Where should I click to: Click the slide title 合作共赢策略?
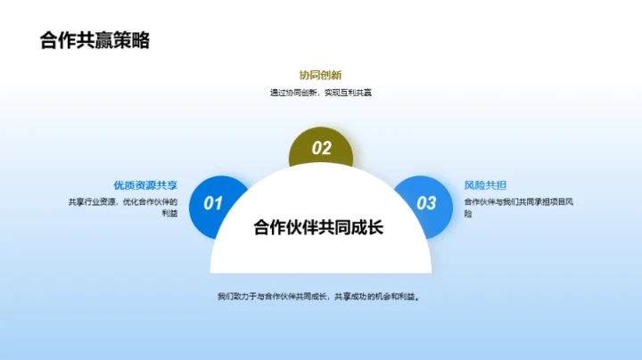95,40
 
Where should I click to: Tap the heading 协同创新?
320,75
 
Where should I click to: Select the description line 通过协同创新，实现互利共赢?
320,93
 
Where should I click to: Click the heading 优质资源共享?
145,185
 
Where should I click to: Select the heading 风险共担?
486,185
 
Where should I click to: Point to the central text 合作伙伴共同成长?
318,226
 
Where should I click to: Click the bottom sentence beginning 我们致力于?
318,296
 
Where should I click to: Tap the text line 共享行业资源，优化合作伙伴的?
123,201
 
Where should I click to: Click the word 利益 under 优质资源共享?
169,214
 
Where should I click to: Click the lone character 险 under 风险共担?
469,214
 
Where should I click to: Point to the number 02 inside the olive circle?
321,149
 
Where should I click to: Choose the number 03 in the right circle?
427,203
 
